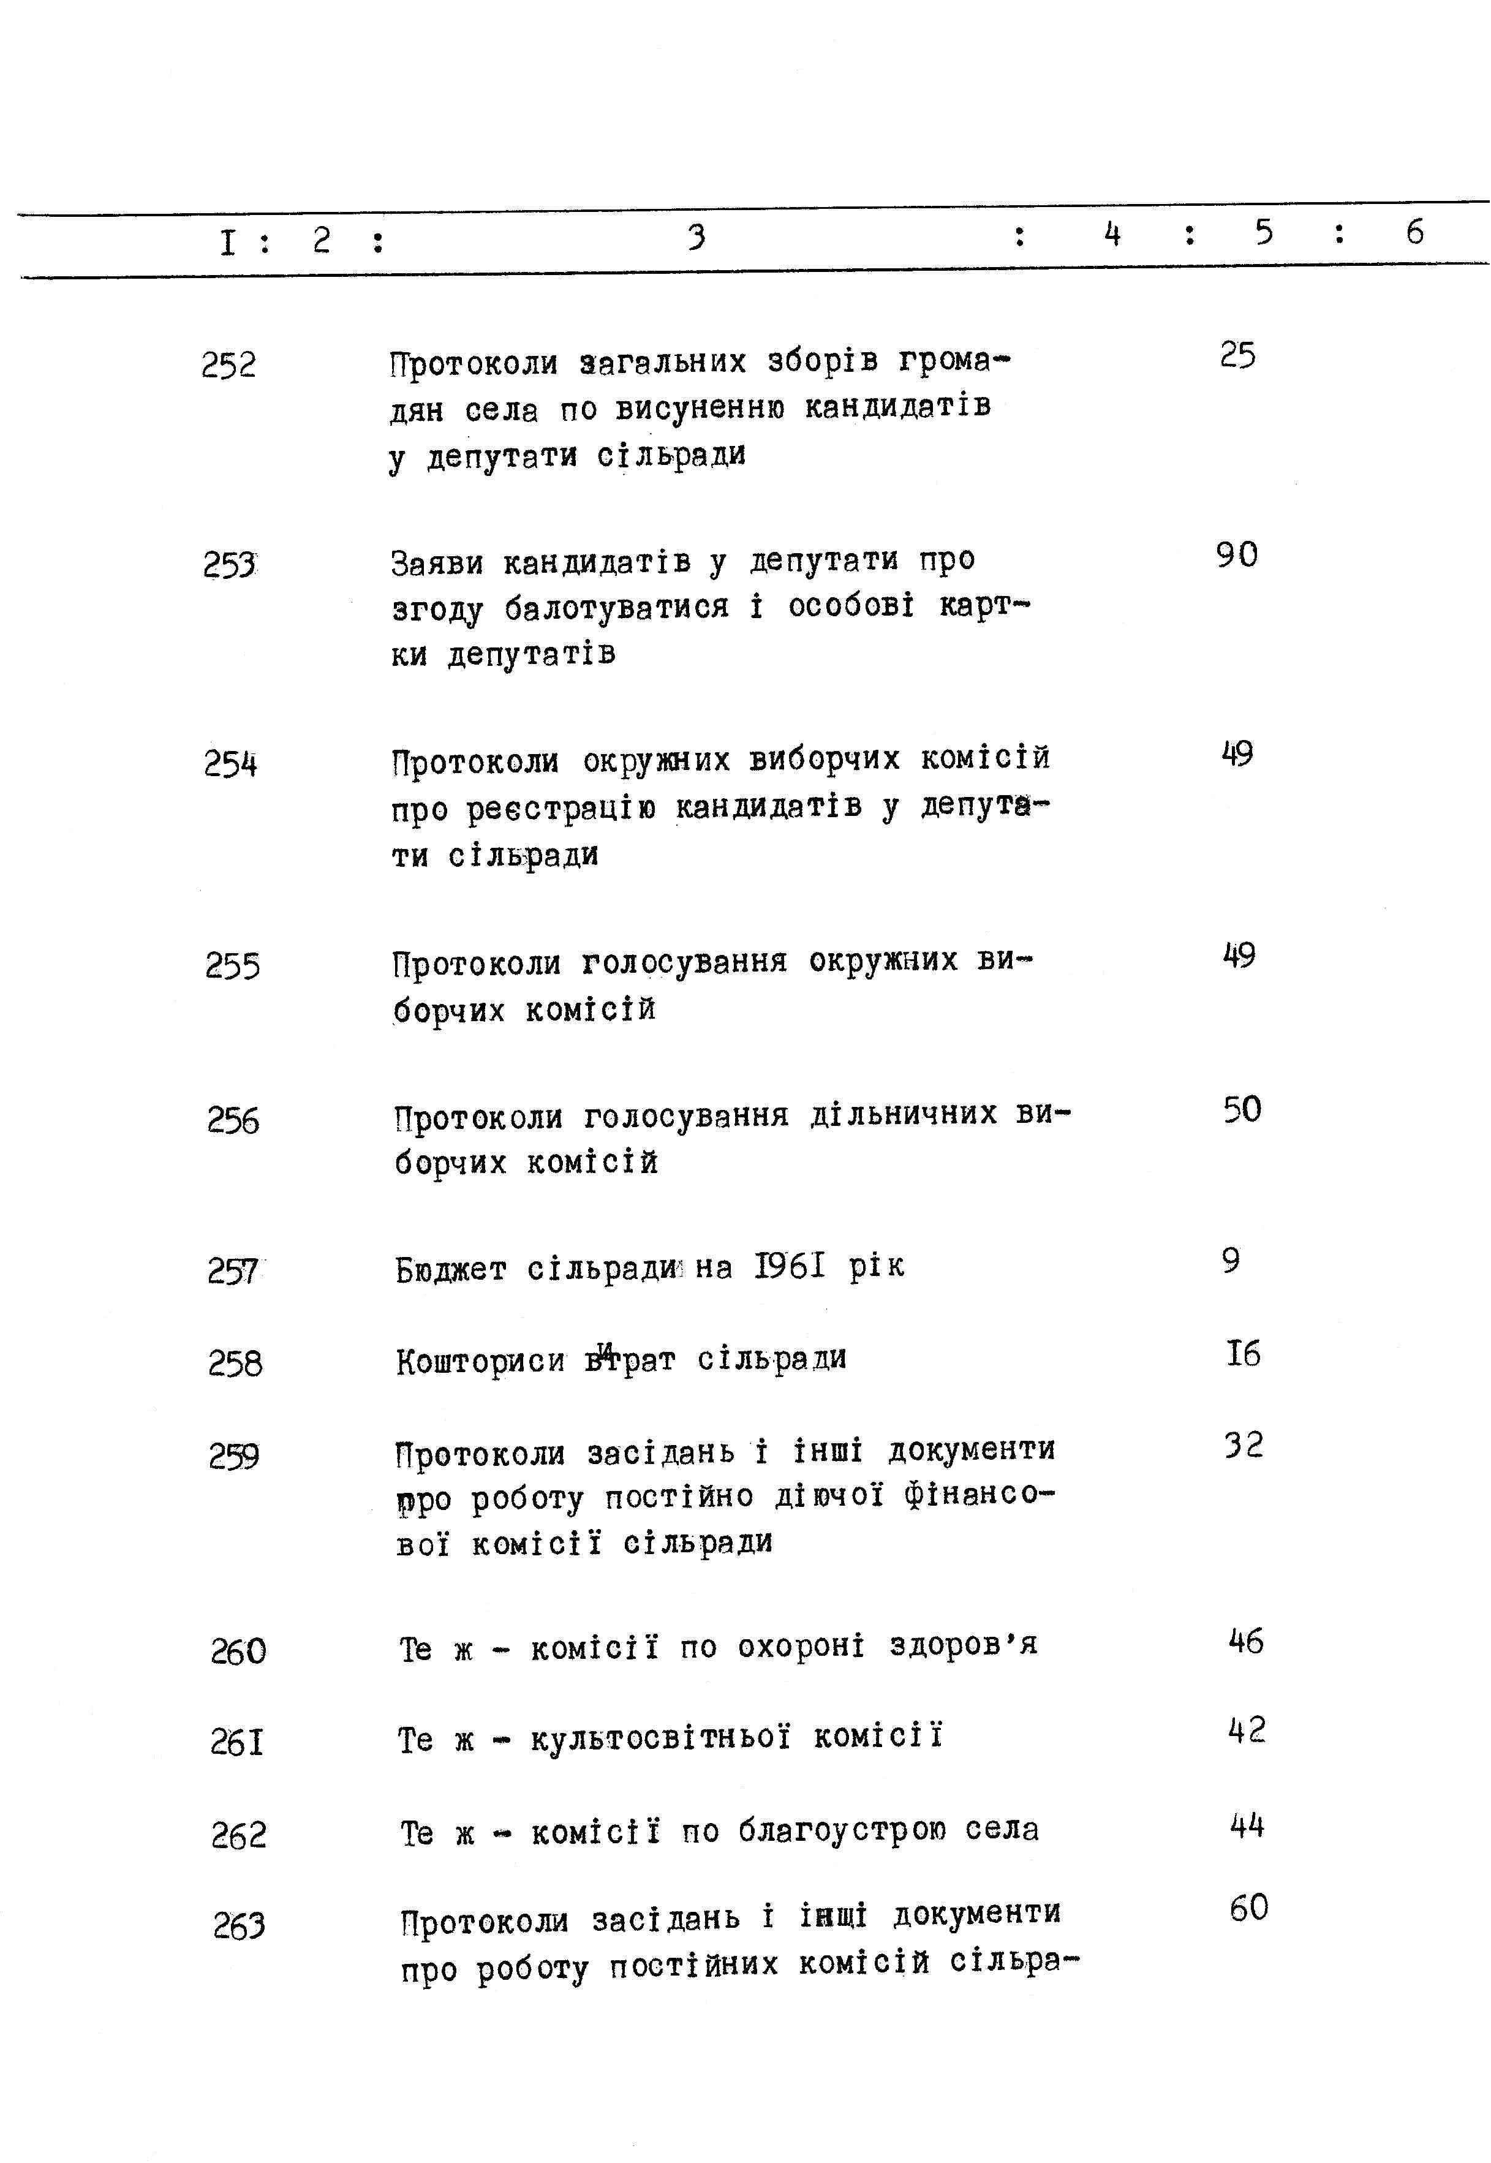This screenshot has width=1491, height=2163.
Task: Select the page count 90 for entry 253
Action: [x=1237, y=556]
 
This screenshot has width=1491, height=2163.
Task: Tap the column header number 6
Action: [x=1414, y=232]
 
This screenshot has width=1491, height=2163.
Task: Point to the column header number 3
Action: [x=696, y=237]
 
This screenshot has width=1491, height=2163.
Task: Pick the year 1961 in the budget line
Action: [x=790, y=1266]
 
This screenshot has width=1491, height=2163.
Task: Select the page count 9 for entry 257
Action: [x=1231, y=1261]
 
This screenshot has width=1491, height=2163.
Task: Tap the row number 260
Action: [x=238, y=1652]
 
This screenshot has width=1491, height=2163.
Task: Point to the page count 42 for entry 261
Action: [x=1246, y=1730]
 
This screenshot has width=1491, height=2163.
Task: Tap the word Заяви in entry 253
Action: [x=436, y=563]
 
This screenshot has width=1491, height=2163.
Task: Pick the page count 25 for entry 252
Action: [x=1238, y=356]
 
